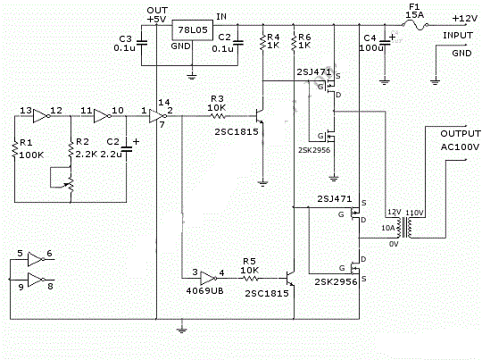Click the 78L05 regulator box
192,30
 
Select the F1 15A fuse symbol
415,25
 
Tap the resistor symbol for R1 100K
15,150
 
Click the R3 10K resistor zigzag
218,116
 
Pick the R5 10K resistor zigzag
251,279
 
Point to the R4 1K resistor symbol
262,42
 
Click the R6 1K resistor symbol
294,42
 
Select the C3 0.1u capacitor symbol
141,43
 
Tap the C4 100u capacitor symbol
384,43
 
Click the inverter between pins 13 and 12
41,116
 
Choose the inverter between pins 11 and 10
103,116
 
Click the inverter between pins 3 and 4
209,278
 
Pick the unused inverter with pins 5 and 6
37,259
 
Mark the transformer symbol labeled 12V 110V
406,228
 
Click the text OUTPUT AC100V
461,140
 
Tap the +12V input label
465,19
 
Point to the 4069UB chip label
204,291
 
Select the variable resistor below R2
71,184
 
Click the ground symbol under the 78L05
192,76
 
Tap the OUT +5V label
157,15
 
